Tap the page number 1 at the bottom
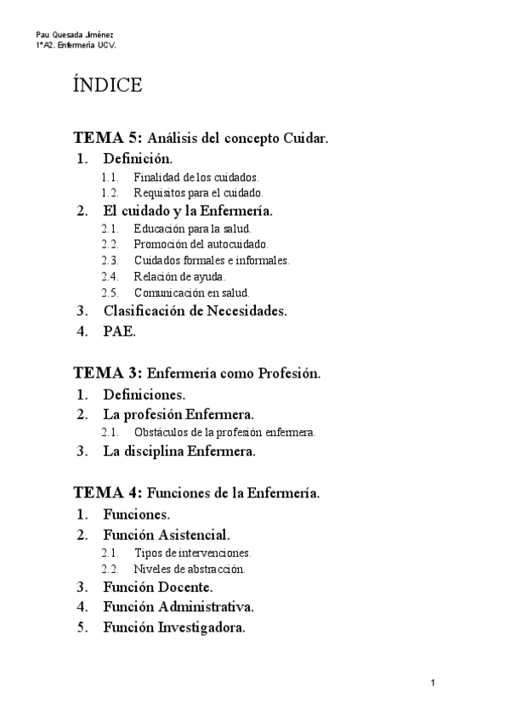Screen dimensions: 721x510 [433, 683]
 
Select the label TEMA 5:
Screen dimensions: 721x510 [109, 137]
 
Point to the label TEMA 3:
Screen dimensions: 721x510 [109, 373]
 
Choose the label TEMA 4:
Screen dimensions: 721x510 [109, 492]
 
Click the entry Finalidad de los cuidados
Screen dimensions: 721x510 [195, 178]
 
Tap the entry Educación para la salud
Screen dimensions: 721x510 [192, 229]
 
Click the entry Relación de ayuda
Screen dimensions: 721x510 [179, 276]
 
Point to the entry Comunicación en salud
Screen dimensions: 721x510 [191, 292]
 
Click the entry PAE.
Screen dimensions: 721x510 [119, 332]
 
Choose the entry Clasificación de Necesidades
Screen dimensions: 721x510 [195, 310]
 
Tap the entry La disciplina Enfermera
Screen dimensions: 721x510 [179, 451]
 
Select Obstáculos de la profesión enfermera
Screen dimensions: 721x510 [224, 432]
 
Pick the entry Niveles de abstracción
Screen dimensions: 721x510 [195, 568]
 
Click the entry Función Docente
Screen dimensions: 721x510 [158, 587]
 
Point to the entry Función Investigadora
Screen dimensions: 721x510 [174, 627]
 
